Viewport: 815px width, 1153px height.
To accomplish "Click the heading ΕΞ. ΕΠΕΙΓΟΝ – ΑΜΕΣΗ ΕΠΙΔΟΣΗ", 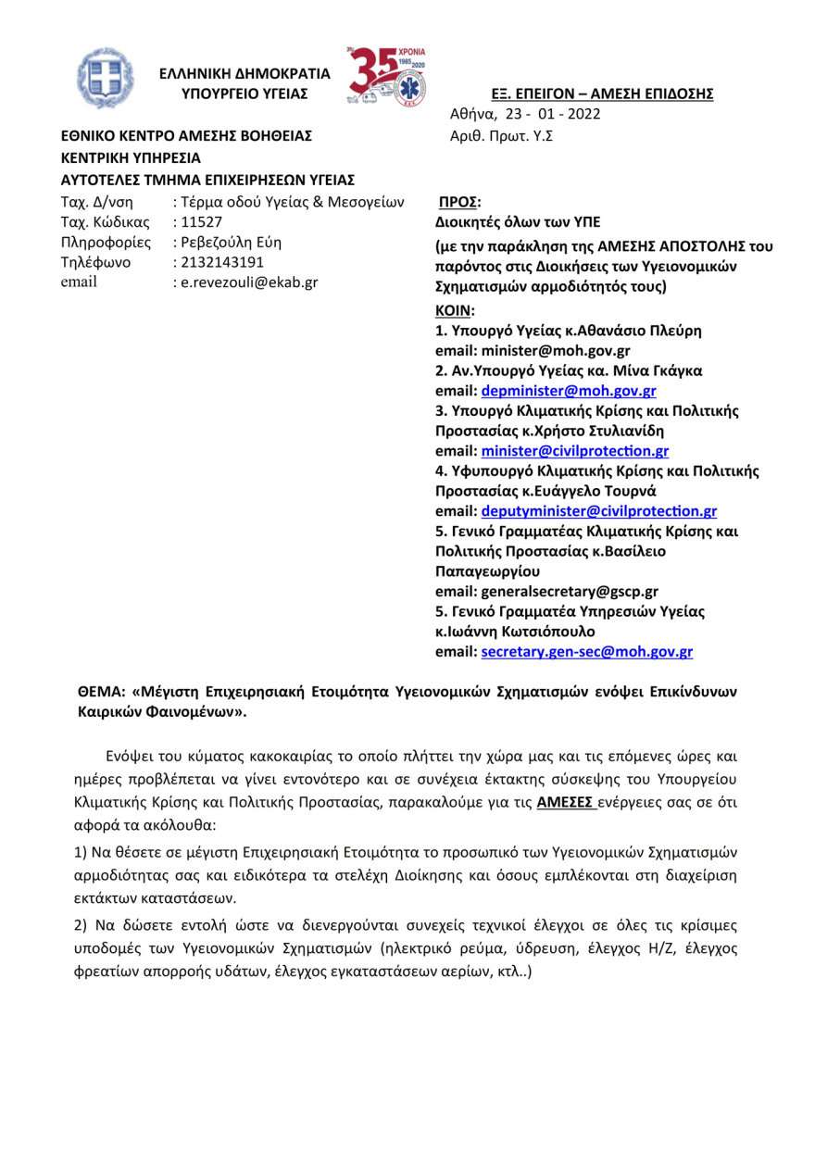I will click(602, 94).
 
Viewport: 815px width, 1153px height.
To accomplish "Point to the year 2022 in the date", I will click(583, 115).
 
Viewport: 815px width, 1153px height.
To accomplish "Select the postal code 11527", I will click(197, 222).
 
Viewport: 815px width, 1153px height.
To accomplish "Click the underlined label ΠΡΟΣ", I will click(458, 201).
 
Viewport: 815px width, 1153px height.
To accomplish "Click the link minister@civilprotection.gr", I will click(574, 451).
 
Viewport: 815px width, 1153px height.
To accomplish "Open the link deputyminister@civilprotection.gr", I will click(598, 511).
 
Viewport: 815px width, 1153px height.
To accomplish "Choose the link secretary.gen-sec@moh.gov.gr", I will click(586, 652).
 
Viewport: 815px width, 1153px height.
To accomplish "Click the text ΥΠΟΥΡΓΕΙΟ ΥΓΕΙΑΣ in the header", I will click(244, 94).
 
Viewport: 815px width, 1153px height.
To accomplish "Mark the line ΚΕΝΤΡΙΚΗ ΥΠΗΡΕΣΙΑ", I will click(131, 157).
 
